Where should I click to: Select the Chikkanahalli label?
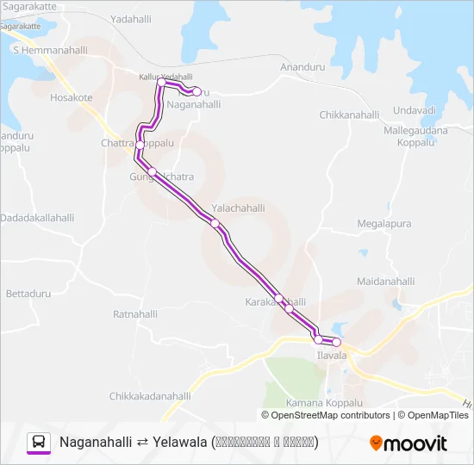tap(349, 115)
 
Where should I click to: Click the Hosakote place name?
tap(72, 98)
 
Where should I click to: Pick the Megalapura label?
tap(384, 224)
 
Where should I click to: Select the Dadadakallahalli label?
tap(39, 218)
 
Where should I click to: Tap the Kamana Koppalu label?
tap(322, 403)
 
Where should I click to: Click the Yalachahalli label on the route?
tap(238, 208)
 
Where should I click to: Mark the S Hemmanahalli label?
tap(50, 51)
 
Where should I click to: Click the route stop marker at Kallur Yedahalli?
tap(161, 83)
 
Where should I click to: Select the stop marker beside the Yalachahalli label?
tap(215, 224)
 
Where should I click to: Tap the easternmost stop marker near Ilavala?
tap(336, 343)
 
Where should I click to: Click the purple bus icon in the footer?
tap(39, 443)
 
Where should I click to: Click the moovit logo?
tap(409, 443)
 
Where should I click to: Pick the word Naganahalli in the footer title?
tap(96, 443)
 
